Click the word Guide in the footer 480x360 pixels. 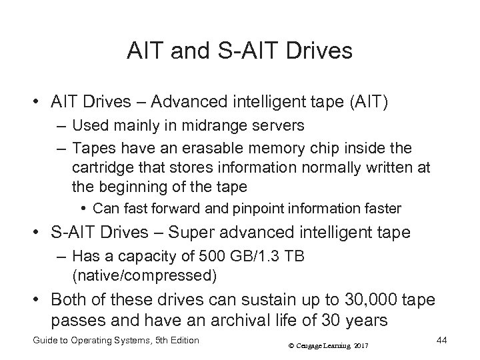[46, 341]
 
